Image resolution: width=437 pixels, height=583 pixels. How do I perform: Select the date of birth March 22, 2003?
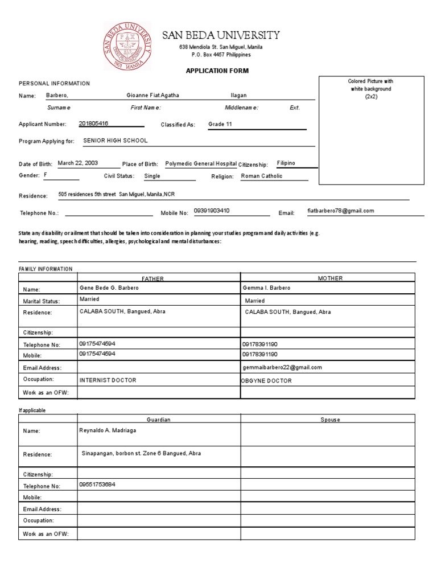coord(79,163)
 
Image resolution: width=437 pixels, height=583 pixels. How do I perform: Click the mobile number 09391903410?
coord(212,211)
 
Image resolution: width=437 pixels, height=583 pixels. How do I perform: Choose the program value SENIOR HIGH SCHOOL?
coord(116,140)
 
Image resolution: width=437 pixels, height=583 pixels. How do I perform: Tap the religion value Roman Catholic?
coord(262,176)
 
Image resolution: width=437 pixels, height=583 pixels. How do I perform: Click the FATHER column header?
coord(152,278)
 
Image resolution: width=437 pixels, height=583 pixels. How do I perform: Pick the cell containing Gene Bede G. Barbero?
coord(109,288)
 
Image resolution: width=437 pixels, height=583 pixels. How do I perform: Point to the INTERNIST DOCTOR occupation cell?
coord(108,380)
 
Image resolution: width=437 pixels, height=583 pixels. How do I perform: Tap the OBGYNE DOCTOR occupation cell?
coord(266,380)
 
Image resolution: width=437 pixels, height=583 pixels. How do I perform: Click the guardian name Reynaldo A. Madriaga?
coord(108,430)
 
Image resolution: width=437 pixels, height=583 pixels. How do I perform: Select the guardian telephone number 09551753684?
coord(97,485)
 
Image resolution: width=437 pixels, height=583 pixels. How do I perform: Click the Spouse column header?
coord(330,420)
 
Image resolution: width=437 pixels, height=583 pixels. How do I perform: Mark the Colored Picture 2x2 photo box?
coord(370,130)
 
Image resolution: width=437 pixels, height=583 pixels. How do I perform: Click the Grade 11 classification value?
coord(220,124)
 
